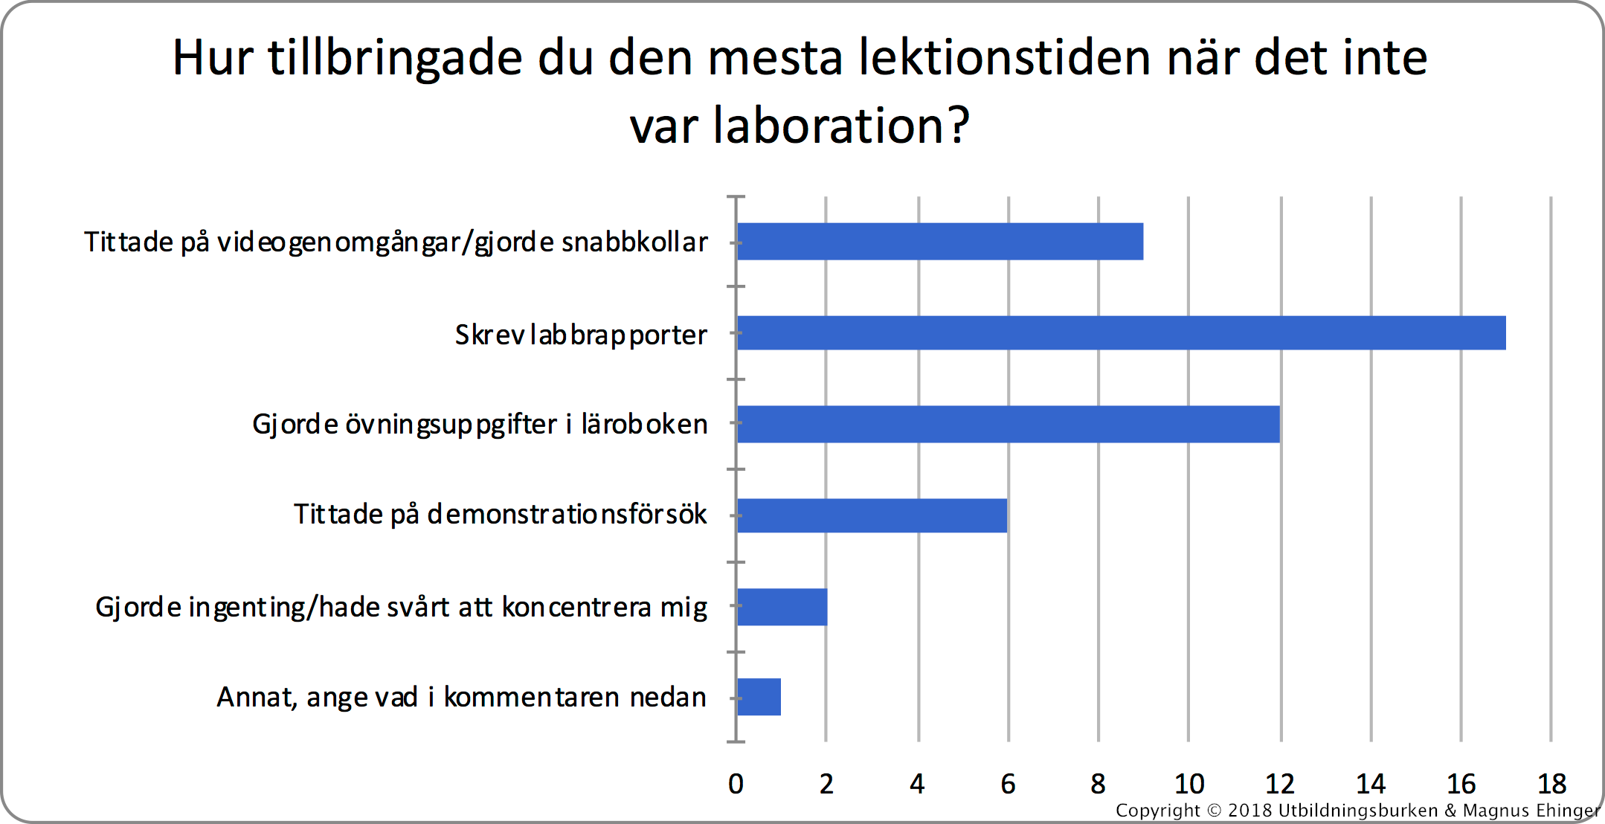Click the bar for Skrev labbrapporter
[1122, 332]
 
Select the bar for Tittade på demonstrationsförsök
[872, 515]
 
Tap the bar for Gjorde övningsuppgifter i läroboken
[1009, 424]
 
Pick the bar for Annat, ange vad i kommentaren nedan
[759, 697]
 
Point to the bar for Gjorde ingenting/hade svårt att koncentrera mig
[782, 607]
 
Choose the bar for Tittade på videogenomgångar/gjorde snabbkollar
[940, 242]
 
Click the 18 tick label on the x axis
[1551, 784]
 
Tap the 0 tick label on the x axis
[736, 784]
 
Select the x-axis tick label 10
[1189, 784]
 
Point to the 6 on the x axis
[1008, 784]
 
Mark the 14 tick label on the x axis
[1370, 784]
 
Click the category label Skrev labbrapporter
[581, 335]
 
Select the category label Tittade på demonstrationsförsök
[500, 514]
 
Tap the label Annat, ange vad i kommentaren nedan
[461, 698]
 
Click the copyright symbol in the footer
[1214, 811]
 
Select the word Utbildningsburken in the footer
[1358, 811]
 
